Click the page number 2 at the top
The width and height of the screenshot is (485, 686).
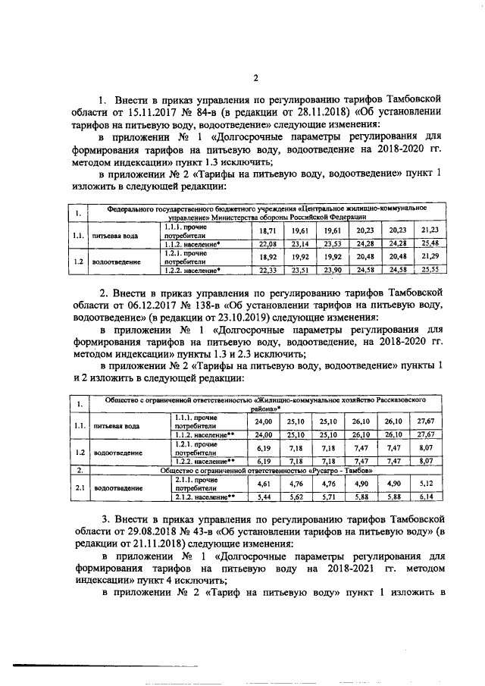point(255,77)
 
